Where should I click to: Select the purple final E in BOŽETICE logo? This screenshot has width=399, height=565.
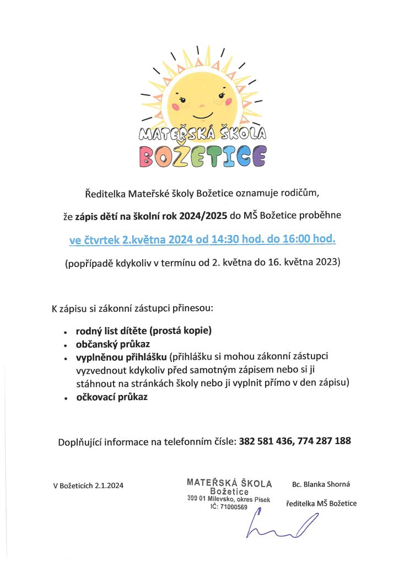(x=257, y=156)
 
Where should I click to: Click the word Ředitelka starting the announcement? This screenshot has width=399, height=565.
(x=104, y=194)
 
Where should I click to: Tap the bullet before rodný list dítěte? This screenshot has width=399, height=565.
(x=66, y=333)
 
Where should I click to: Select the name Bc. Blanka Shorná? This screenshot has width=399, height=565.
(x=321, y=484)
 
